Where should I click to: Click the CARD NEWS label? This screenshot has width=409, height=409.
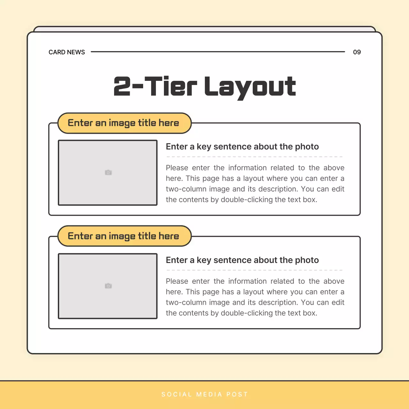click(67, 52)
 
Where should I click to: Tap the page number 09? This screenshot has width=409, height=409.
click(357, 52)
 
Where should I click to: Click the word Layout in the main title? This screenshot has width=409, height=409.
click(250, 87)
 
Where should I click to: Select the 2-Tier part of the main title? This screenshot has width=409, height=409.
click(155, 87)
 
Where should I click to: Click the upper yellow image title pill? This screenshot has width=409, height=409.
click(124, 123)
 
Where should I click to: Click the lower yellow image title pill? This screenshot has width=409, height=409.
click(124, 236)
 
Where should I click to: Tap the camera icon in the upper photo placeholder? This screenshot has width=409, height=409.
click(108, 173)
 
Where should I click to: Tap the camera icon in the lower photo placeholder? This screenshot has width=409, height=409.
click(108, 286)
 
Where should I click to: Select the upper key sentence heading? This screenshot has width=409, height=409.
click(242, 147)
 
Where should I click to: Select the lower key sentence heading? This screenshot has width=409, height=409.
click(242, 260)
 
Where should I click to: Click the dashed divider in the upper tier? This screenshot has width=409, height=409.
click(254, 157)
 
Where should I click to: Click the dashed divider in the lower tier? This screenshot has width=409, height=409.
click(254, 270)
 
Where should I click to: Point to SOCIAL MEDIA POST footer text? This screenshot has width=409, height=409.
click(204, 394)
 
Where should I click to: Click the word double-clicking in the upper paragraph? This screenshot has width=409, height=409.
click(247, 200)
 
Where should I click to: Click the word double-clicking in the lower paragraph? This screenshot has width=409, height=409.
click(247, 313)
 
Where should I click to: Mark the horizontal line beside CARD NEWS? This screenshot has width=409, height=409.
click(218, 51)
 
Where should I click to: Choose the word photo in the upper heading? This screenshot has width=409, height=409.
click(307, 147)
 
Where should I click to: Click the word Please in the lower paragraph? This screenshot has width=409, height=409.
click(177, 281)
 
